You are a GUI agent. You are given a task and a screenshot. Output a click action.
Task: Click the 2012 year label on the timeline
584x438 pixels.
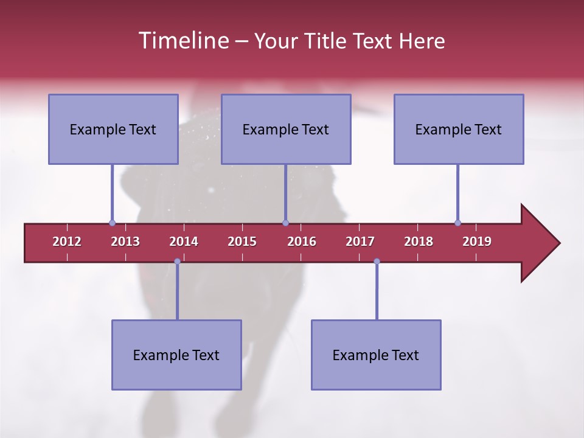click(67, 242)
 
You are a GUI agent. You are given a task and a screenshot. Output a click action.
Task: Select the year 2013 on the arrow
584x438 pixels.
click(125, 242)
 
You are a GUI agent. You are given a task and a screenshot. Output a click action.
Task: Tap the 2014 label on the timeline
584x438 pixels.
click(184, 242)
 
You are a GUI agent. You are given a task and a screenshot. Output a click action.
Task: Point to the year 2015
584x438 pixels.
click(242, 242)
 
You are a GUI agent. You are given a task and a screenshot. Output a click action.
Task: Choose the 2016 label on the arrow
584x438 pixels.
click(302, 242)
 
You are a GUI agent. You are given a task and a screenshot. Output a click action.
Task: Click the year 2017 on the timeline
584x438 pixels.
click(360, 242)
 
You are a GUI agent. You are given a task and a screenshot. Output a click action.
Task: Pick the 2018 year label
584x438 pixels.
click(419, 242)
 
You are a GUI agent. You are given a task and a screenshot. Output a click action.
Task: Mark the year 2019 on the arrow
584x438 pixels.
click(477, 242)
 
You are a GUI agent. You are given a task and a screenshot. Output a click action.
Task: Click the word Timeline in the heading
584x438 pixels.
click(182, 41)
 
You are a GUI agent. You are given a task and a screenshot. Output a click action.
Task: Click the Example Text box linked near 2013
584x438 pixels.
click(113, 129)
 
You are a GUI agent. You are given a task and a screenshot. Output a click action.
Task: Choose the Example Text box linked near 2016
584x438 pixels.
click(286, 129)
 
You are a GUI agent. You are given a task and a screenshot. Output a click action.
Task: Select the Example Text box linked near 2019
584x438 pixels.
click(459, 129)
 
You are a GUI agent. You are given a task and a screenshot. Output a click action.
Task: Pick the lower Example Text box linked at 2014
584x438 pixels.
click(176, 355)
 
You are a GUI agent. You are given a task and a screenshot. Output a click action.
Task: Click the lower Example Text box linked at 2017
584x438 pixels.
click(376, 355)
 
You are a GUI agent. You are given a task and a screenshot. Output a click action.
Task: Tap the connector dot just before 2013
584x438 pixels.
click(112, 223)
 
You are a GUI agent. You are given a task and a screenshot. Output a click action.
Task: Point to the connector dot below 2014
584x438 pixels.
click(177, 262)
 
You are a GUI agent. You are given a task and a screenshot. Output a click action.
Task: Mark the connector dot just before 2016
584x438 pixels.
click(285, 223)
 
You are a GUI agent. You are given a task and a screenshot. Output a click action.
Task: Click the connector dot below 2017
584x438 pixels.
click(377, 262)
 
